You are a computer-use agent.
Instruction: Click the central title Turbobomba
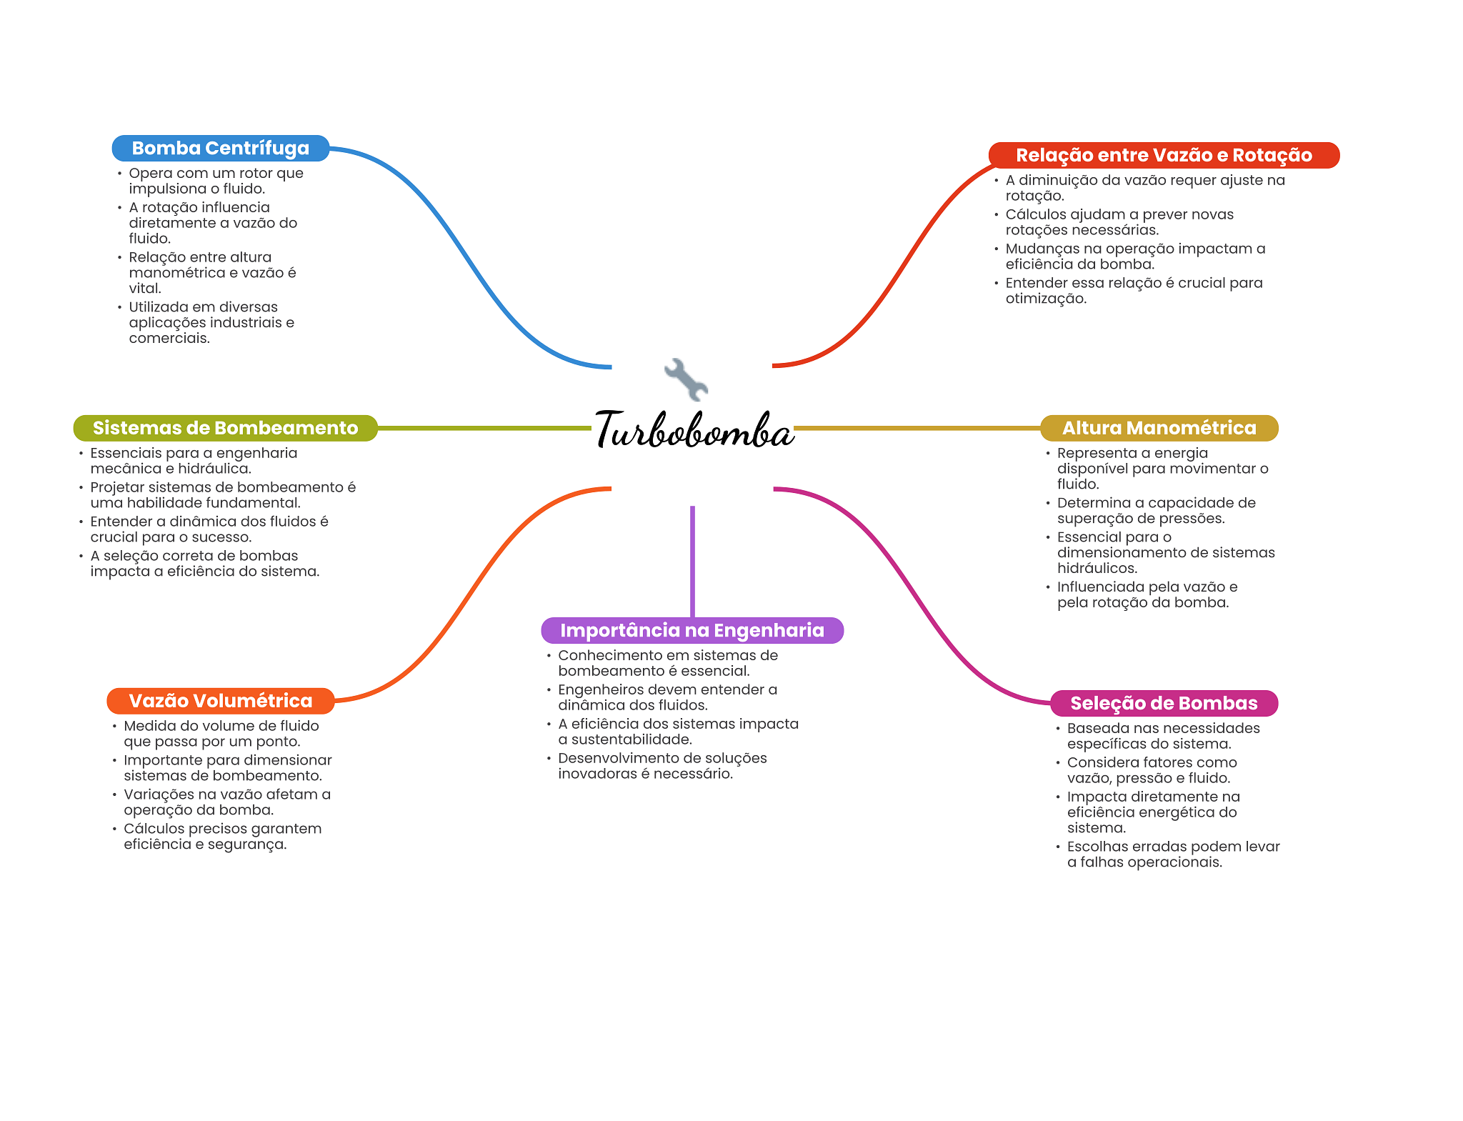click(x=694, y=430)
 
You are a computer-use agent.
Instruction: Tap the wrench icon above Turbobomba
click(x=686, y=379)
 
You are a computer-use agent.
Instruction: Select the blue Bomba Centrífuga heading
click(x=220, y=149)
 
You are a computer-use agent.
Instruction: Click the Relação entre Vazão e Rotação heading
click(x=1163, y=156)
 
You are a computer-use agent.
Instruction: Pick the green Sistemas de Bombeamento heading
click(x=225, y=428)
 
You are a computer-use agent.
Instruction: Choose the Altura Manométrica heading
click(x=1159, y=428)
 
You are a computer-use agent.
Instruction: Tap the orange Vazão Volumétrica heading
click(x=220, y=701)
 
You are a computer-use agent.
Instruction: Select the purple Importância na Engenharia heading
click(x=691, y=630)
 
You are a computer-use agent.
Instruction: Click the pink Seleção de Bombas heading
click(x=1163, y=703)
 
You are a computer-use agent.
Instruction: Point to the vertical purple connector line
click(x=692, y=561)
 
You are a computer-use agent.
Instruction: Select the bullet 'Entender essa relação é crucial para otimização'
click(x=1133, y=291)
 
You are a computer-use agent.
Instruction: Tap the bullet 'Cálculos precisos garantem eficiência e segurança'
click(x=222, y=837)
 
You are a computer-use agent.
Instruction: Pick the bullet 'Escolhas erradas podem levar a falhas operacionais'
click(x=1172, y=855)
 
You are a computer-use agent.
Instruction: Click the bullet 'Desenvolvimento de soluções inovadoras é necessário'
click(x=661, y=766)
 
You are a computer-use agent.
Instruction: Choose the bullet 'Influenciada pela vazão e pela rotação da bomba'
click(x=1147, y=594)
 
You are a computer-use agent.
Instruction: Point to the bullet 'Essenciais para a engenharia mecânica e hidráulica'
click(x=193, y=461)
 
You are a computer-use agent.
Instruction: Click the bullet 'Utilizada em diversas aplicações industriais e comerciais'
click(x=211, y=322)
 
